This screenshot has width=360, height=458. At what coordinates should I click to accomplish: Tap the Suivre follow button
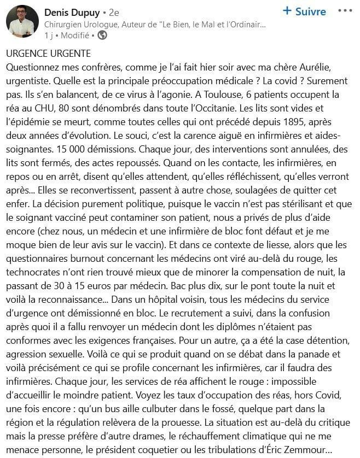304,11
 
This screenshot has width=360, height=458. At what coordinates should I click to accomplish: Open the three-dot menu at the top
345,11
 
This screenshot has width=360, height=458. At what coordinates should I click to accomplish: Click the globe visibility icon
102,35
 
